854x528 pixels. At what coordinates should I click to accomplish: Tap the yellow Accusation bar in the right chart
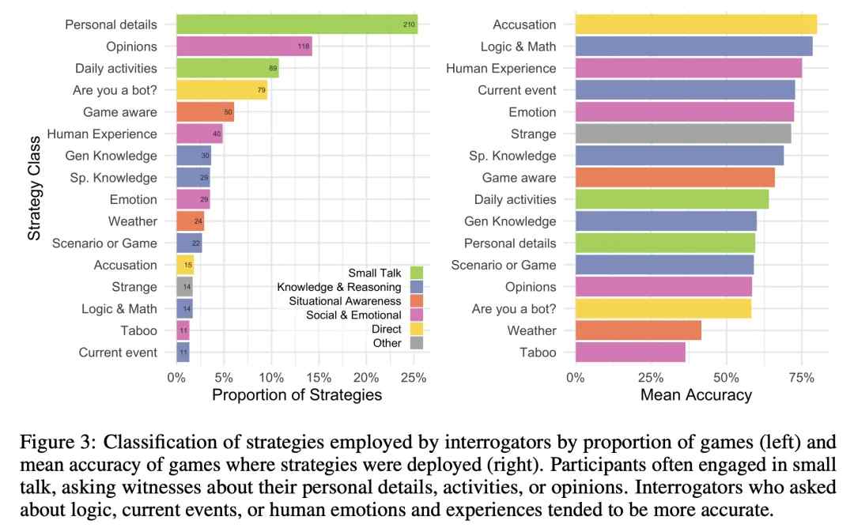pos(696,25)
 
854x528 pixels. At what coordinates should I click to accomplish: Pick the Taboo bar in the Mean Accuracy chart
pos(630,353)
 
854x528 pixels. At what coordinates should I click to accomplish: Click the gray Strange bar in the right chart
pos(683,134)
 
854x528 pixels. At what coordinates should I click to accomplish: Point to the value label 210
pos(408,25)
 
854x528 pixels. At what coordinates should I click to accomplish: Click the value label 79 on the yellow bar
pos(261,91)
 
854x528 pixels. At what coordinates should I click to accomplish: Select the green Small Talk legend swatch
pos(417,272)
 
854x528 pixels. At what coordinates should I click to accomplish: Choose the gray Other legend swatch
pos(417,343)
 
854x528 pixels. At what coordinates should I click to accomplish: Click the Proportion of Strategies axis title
pos(297,394)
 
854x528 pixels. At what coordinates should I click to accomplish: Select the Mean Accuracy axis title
pos(696,394)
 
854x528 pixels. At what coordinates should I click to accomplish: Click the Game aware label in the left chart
pos(120,112)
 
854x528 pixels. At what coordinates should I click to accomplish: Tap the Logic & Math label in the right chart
pos(518,47)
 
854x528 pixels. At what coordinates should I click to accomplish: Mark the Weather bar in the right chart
pos(638,330)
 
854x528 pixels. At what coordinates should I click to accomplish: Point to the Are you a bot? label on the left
pos(115,90)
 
